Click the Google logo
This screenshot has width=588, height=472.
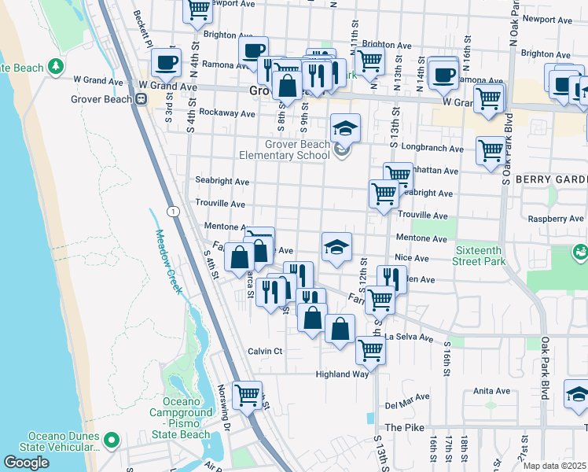point(26,463)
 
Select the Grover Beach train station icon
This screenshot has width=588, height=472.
point(141,99)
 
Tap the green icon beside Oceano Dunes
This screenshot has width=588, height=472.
point(111,441)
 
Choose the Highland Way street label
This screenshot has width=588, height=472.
point(343,374)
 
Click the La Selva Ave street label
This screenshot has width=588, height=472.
point(409,338)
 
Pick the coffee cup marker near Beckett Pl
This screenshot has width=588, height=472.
point(165,62)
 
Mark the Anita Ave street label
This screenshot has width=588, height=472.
point(492,390)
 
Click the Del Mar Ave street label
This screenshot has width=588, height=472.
point(406,406)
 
